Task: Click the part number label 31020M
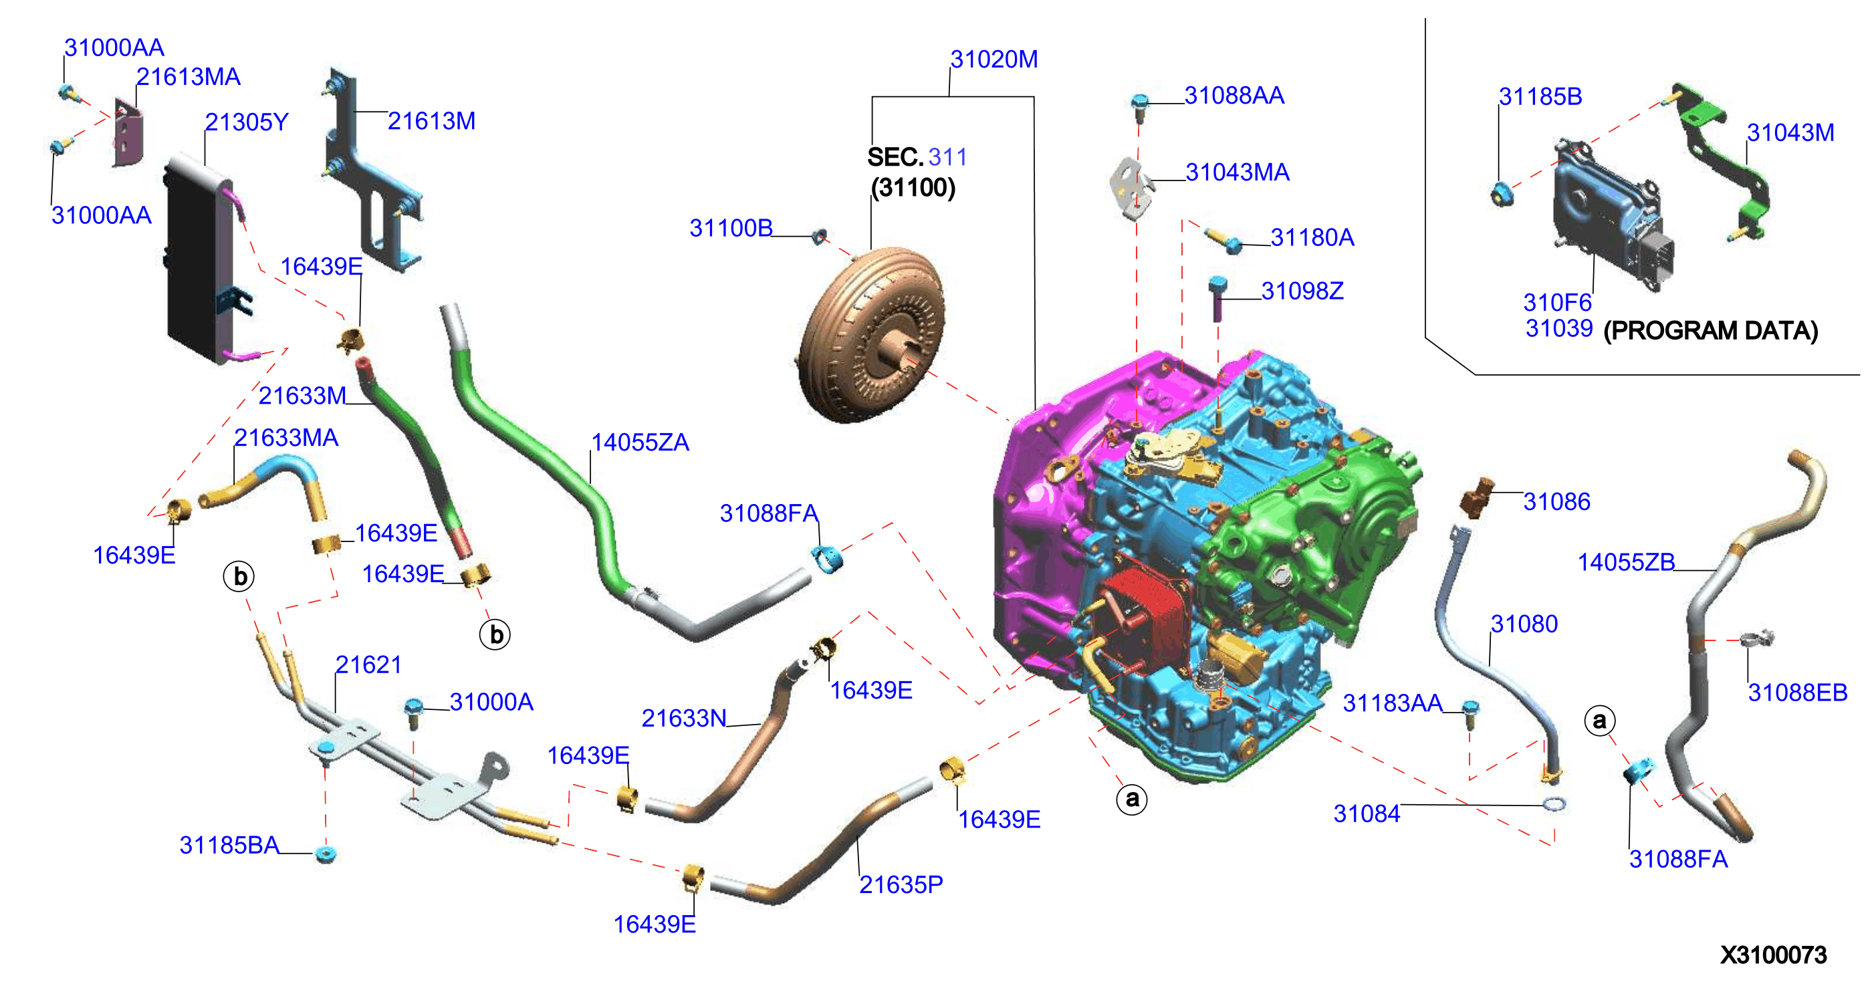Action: coord(994,59)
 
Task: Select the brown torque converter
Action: coord(872,335)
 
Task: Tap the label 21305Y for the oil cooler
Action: coord(246,122)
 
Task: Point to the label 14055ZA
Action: coord(639,442)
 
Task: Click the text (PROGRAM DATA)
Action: coord(1711,331)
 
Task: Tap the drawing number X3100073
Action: coord(1773,955)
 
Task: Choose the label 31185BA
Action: coord(229,845)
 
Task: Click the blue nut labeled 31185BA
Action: coord(326,854)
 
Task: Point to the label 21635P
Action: coord(901,884)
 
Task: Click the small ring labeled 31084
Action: coord(1554,804)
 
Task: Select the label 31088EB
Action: coord(1797,692)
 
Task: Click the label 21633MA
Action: coord(286,437)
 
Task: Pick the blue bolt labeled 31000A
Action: coord(414,713)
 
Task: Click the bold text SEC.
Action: coord(895,156)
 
